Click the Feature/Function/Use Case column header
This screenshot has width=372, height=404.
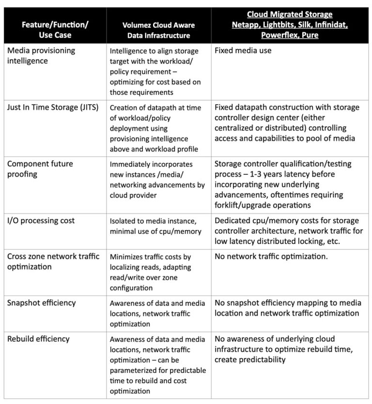pos(55,29)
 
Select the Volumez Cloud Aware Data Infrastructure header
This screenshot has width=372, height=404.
pos(156,30)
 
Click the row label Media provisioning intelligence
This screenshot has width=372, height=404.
pos(41,56)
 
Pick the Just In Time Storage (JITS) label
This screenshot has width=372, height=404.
pos(53,107)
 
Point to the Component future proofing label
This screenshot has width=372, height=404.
pos(40,169)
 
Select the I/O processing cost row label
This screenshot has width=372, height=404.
pos(41,220)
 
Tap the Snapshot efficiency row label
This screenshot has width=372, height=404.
pos(42,303)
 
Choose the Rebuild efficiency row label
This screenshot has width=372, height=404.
pos(38,339)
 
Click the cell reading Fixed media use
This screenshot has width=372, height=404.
pos(243,50)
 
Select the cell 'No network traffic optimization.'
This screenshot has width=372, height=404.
pos(271,256)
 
